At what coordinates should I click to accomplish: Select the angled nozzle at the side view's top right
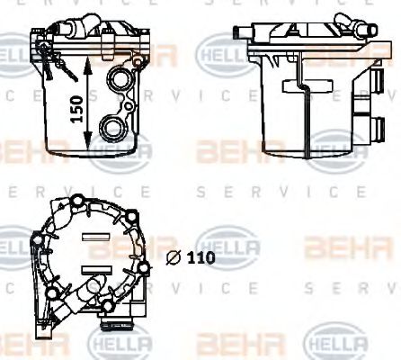coord(344,20)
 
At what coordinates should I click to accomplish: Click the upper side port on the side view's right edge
coord(362,87)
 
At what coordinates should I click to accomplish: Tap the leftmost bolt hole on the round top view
coord(37,239)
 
